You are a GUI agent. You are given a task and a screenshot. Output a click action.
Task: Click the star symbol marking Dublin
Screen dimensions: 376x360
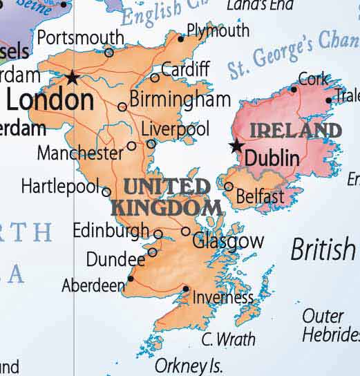pos(237,146)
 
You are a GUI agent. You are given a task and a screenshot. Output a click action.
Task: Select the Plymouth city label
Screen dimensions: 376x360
pos(218,31)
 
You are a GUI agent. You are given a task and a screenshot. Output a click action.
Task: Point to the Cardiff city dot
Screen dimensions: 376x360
pos(155,77)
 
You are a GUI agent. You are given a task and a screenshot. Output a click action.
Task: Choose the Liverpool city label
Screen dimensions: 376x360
pos(175,129)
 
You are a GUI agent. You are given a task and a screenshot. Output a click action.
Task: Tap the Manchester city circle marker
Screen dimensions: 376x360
pos(132,146)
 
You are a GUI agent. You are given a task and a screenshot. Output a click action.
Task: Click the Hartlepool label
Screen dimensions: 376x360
pos(61,186)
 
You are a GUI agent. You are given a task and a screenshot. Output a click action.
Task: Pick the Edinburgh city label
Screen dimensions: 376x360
pos(111,230)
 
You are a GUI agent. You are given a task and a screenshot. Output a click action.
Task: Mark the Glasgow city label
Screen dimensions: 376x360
pos(227,241)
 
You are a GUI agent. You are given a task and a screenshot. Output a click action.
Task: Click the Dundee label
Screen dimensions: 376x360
pos(115,259)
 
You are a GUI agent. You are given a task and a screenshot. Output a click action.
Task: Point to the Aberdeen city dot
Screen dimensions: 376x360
pos(131,279)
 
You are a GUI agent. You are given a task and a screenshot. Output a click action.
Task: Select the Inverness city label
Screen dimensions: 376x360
pos(223,298)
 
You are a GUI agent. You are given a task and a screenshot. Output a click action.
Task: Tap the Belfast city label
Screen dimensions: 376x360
pos(259,197)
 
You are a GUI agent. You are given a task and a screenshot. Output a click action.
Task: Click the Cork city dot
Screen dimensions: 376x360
pos(294,89)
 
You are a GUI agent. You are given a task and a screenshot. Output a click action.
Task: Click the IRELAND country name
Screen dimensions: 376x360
pos(295,130)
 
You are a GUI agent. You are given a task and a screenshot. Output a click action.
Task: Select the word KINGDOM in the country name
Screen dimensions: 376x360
pos(167,207)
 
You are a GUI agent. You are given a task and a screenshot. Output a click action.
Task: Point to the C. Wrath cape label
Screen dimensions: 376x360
pos(228,339)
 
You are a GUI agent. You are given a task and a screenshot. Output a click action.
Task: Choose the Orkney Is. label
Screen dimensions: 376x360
pos(188,365)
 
